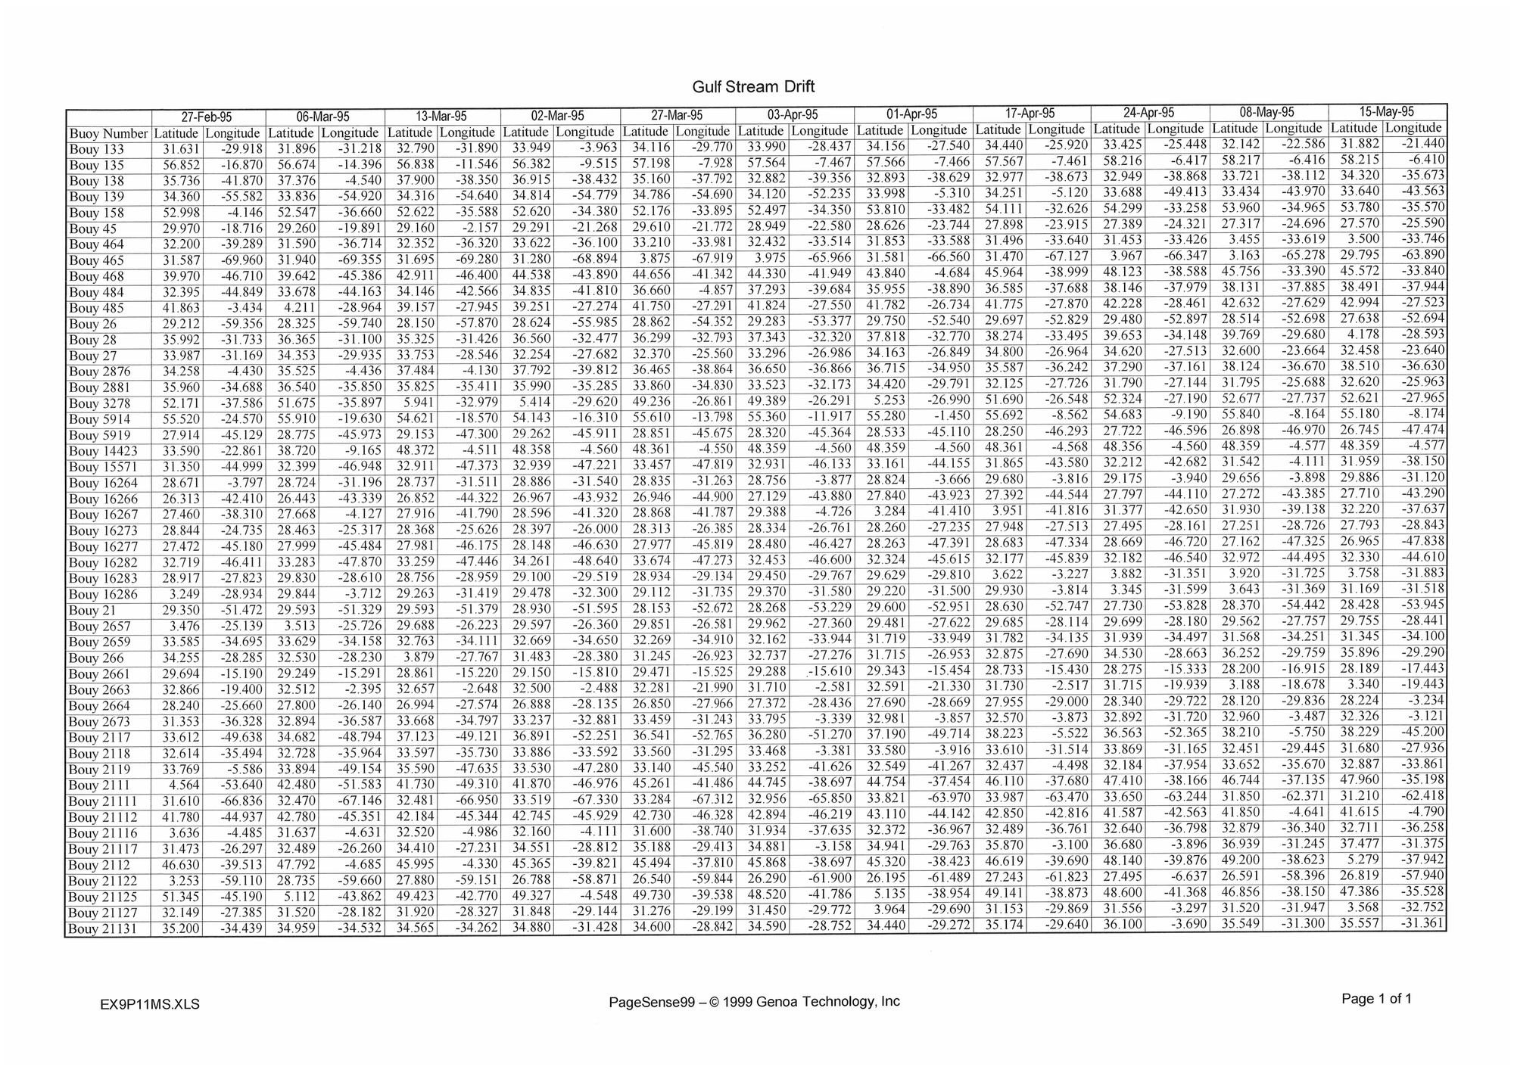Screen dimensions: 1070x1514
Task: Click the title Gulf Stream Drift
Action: click(753, 86)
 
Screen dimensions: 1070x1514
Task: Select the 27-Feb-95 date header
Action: click(207, 117)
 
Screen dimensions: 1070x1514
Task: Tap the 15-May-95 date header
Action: click(1387, 111)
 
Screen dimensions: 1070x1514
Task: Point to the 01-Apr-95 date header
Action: click(912, 114)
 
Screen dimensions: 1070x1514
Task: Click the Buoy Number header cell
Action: click(108, 134)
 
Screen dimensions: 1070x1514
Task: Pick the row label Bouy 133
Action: click(96, 150)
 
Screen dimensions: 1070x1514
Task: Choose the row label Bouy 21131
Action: click(104, 929)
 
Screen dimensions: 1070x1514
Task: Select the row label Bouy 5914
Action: click(99, 419)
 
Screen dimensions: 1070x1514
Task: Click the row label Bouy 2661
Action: click(99, 674)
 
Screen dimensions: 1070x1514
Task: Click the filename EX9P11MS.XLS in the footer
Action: click(149, 1005)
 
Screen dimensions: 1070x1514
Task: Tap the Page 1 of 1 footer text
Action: click(1376, 999)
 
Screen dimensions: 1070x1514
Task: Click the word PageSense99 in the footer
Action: click(652, 1002)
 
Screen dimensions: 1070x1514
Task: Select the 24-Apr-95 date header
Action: click(1148, 113)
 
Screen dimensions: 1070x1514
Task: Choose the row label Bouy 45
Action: click(93, 229)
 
